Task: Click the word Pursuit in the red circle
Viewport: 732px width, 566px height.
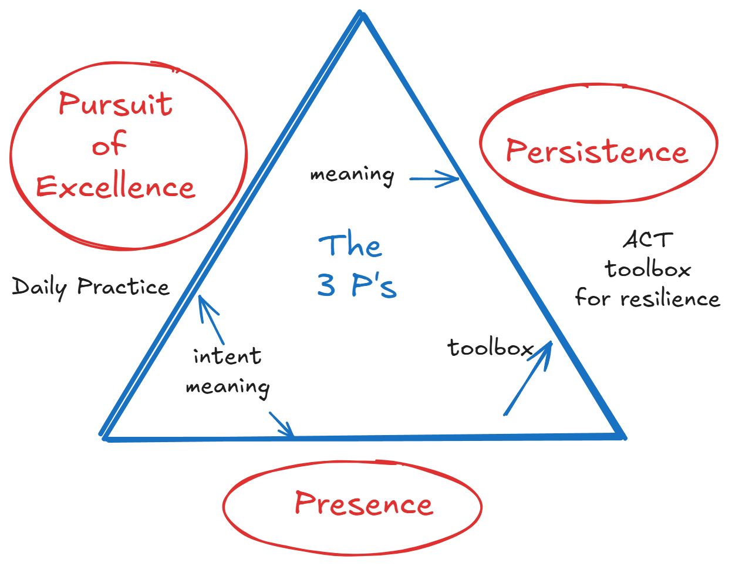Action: pyautogui.click(x=116, y=105)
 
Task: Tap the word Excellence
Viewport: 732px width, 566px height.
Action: pyautogui.click(x=116, y=187)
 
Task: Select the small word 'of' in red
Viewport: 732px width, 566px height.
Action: pyautogui.click(x=109, y=144)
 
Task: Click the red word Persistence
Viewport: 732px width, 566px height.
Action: pyautogui.click(x=597, y=151)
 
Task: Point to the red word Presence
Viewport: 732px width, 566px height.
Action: pyautogui.click(x=364, y=504)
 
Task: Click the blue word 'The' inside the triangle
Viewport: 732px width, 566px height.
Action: pyautogui.click(x=350, y=246)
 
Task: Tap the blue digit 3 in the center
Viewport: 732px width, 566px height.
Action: pyautogui.click(x=326, y=285)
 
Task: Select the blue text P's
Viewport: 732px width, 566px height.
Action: pyautogui.click(x=374, y=285)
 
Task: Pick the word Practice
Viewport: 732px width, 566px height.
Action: pyautogui.click(x=123, y=287)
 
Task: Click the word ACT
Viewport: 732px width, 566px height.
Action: pyautogui.click(x=647, y=240)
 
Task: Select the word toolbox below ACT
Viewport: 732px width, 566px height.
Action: pyautogui.click(x=647, y=269)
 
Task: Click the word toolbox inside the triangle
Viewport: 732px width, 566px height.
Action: pyautogui.click(x=490, y=348)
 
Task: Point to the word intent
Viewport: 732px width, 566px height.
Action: pyautogui.click(x=227, y=356)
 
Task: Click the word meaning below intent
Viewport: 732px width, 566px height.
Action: pyautogui.click(x=228, y=388)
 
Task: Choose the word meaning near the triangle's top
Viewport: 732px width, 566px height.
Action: pyautogui.click(x=352, y=175)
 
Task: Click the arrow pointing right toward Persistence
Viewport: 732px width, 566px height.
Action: pyautogui.click(x=434, y=179)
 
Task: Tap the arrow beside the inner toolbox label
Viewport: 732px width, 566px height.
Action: pyautogui.click(x=528, y=379)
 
